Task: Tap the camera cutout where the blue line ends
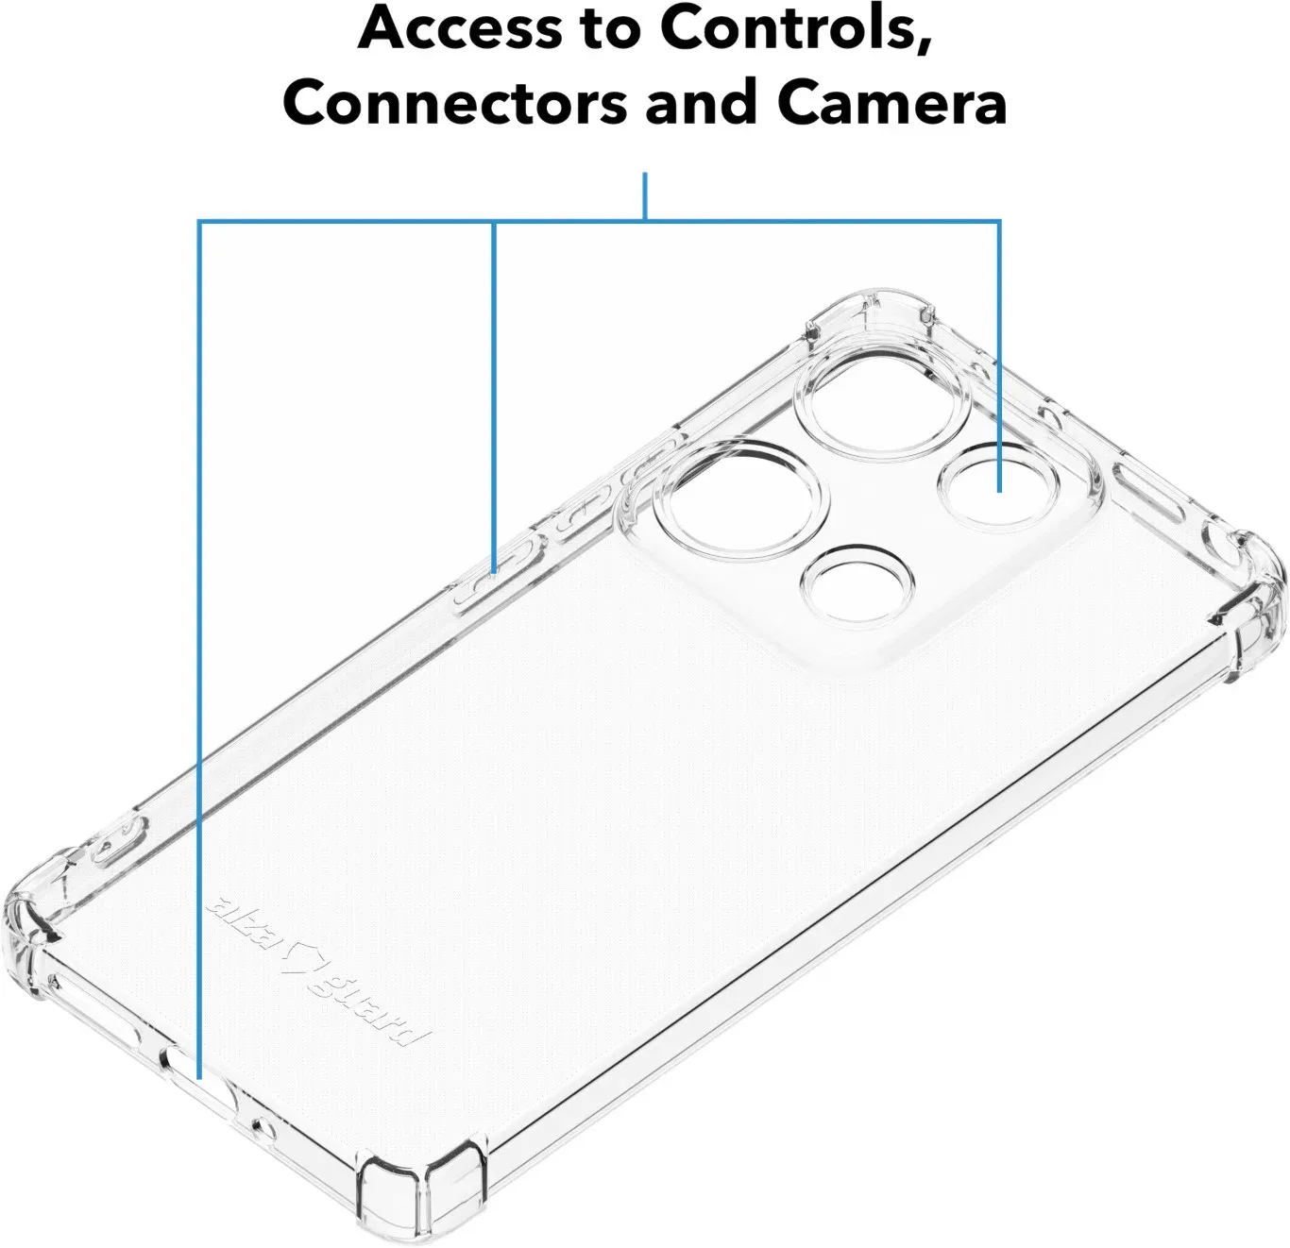tap(998, 487)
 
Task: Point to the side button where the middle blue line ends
tap(495, 570)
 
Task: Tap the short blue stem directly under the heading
tap(645, 196)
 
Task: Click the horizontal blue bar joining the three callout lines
tap(600, 221)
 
